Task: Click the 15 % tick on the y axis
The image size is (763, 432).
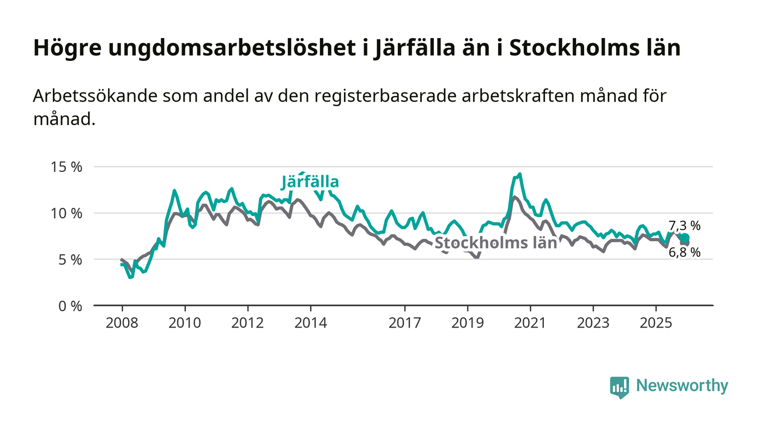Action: click(x=66, y=167)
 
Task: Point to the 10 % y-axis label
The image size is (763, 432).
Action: click(x=66, y=213)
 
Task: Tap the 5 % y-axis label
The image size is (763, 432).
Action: click(x=70, y=260)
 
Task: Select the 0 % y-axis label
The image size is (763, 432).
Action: click(x=70, y=306)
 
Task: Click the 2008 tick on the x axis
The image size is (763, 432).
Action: click(x=122, y=323)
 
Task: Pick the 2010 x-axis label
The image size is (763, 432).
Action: click(x=185, y=323)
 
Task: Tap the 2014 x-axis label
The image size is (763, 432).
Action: click(x=311, y=323)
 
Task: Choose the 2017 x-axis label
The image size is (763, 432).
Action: click(x=405, y=323)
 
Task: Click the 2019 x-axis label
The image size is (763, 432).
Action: click(x=468, y=323)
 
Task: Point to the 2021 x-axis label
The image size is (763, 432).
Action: click(x=530, y=323)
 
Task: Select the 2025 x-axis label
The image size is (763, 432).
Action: click(x=656, y=323)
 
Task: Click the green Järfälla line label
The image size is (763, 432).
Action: click(x=310, y=182)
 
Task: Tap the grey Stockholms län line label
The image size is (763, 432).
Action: click(x=495, y=243)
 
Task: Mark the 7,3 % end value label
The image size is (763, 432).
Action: click(x=685, y=225)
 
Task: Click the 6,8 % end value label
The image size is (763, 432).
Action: click(x=685, y=252)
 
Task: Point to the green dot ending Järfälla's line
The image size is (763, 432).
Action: click(x=685, y=238)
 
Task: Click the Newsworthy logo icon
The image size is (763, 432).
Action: click(x=619, y=387)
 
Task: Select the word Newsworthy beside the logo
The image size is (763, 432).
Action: click(x=682, y=386)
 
